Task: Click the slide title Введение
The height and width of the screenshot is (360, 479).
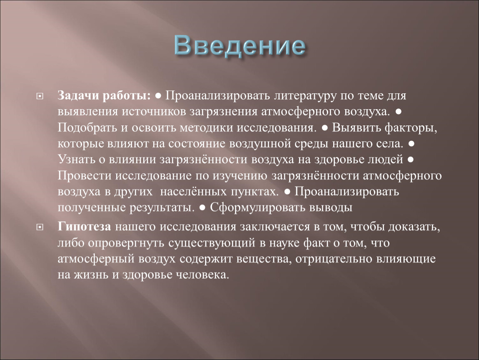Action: tap(240, 46)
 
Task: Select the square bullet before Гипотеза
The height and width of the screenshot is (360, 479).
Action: tap(40, 227)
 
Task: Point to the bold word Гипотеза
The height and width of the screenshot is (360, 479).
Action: tap(84, 226)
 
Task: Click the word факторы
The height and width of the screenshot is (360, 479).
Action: tap(411, 128)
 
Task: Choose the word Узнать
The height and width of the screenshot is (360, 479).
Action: tap(76, 159)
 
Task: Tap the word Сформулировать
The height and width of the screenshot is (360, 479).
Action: tap(257, 207)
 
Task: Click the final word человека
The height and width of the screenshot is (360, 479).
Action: tap(202, 275)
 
